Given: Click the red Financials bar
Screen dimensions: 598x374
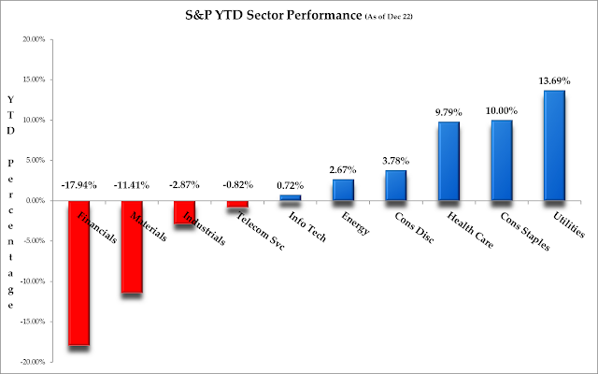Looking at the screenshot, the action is pyautogui.click(x=78, y=273).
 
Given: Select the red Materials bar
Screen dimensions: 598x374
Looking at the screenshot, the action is pyautogui.click(x=132, y=247).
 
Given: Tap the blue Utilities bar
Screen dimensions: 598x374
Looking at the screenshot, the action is pyautogui.click(x=554, y=146).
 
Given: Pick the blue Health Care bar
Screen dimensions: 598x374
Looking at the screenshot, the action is pyautogui.click(x=448, y=161).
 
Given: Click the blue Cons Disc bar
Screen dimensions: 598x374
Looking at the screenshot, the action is pyautogui.click(x=396, y=185).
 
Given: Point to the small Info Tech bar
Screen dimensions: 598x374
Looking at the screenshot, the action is pyautogui.click(x=291, y=197).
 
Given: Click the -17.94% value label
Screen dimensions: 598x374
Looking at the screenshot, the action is pyautogui.click(x=78, y=185).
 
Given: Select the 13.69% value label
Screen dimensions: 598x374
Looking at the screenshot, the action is pyautogui.click(x=554, y=81).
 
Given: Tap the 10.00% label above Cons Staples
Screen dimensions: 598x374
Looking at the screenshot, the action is pyautogui.click(x=502, y=111).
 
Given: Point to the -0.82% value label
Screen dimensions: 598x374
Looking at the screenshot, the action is pyautogui.click(x=238, y=185).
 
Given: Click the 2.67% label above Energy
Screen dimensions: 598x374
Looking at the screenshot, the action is pyautogui.click(x=343, y=169).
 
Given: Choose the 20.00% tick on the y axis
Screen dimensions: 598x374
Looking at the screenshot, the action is pyautogui.click(x=34, y=39).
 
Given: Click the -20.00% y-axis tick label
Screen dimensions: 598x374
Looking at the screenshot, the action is pyautogui.click(x=33, y=362).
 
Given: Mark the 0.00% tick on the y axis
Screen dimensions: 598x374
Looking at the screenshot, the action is pyautogui.click(x=36, y=200).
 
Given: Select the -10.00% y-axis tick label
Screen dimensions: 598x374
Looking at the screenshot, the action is pyautogui.click(x=33, y=281).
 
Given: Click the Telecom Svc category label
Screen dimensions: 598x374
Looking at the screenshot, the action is pyautogui.click(x=261, y=231).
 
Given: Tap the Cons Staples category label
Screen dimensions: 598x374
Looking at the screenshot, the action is pyautogui.click(x=525, y=231).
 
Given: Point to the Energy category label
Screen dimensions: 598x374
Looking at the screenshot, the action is pyautogui.click(x=355, y=223).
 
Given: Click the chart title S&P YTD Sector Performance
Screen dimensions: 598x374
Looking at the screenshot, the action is pyautogui.click(x=274, y=15).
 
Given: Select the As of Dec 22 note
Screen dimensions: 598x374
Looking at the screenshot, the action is pyautogui.click(x=389, y=17).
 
